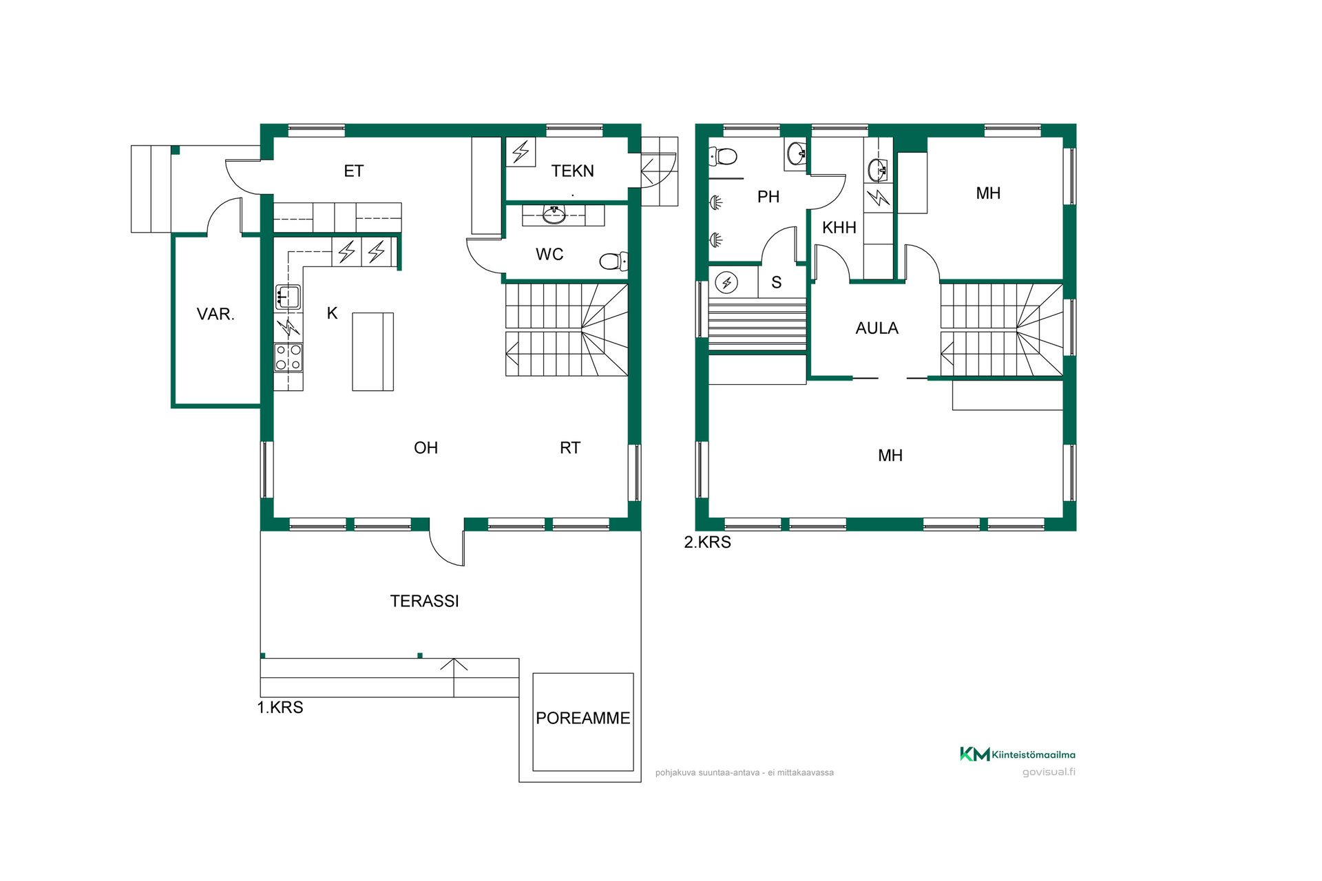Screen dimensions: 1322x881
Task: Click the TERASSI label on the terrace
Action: point(424,601)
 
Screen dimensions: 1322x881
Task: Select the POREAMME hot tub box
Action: point(583,722)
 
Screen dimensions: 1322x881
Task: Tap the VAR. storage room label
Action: point(216,314)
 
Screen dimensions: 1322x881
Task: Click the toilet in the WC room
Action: point(613,261)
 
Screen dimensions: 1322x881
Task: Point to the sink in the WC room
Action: point(554,215)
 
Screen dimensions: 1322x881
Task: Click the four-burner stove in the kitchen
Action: point(288,357)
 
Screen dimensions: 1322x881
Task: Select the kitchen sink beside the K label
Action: point(288,297)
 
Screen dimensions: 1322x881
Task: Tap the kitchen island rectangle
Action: point(373,352)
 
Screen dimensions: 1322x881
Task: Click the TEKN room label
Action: point(572,171)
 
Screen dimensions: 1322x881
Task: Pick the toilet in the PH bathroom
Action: point(723,156)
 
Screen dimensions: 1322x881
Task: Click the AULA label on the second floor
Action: point(877,328)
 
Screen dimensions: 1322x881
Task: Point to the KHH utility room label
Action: point(839,227)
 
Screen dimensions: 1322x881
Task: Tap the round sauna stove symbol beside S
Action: point(726,282)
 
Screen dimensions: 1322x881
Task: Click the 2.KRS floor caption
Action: point(707,542)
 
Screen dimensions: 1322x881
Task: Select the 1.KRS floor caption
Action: point(280,708)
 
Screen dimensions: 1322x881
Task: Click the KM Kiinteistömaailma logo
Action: point(1018,754)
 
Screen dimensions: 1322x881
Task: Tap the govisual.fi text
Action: point(1049,772)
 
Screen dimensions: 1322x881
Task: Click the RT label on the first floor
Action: point(570,448)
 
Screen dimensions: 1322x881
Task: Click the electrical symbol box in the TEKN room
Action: point(521,151)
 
